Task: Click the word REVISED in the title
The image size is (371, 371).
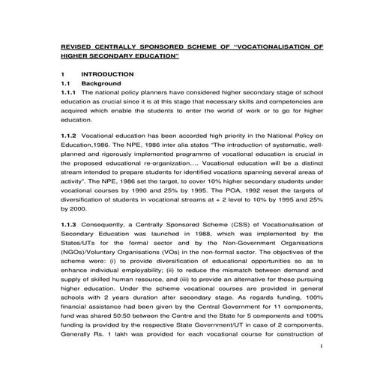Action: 76,46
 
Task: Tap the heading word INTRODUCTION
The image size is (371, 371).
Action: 107,74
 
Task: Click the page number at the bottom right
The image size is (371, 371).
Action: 320,346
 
